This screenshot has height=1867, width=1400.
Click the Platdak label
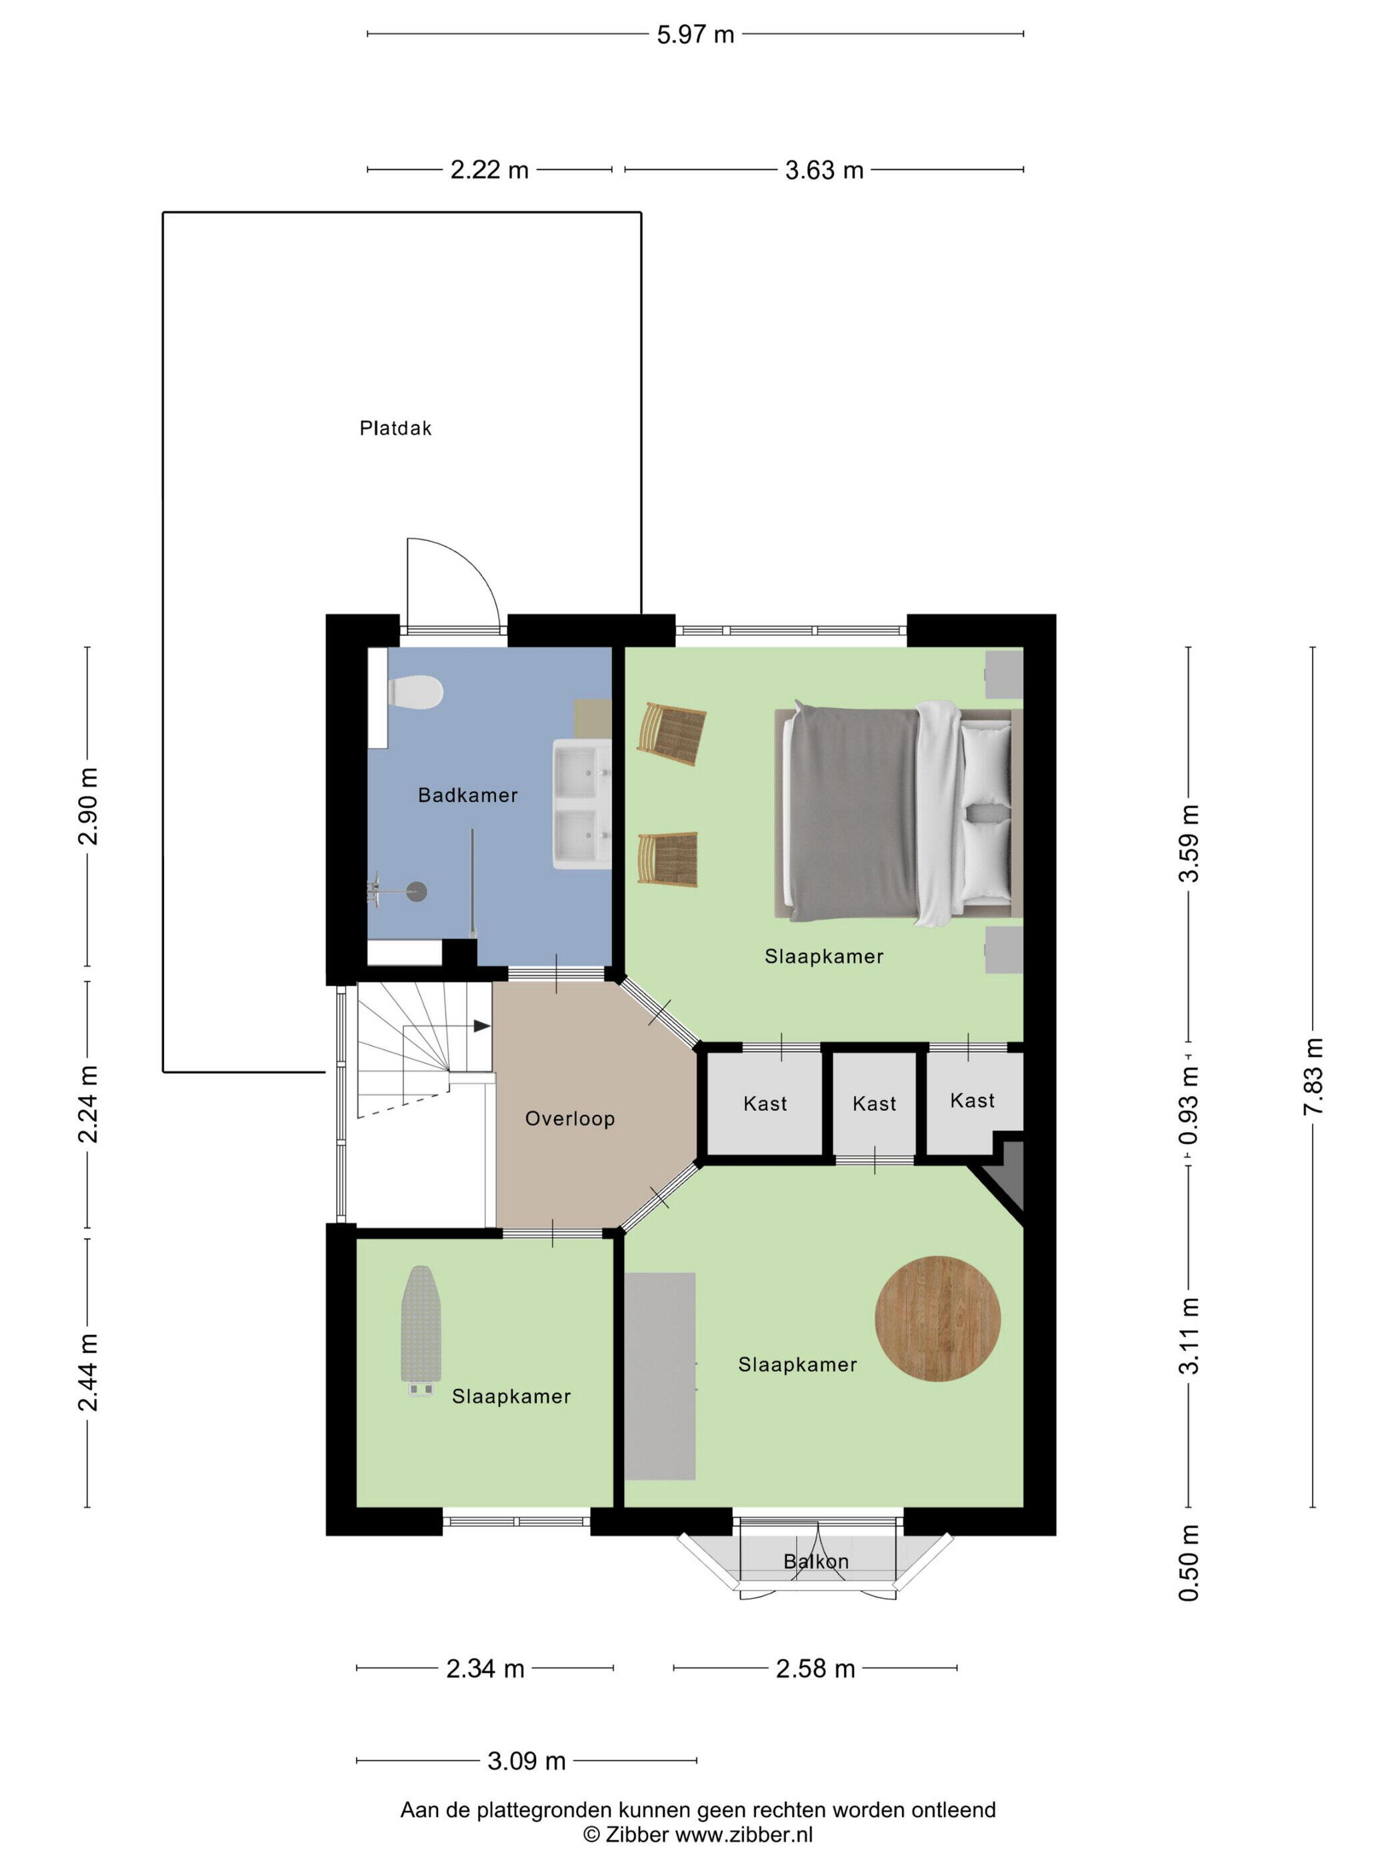[395, 428]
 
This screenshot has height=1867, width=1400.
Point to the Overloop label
[569, 1119]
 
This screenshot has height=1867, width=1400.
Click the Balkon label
[816, 1562]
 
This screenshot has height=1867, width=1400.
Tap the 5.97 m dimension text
[695, 35]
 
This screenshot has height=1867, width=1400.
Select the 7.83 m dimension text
[1313, 1077]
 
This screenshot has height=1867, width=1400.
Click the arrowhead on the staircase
[481, 1026]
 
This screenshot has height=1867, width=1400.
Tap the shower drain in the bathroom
[417, 889]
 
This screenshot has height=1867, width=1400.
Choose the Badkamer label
[467, 795]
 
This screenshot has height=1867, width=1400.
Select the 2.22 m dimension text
[489, 171]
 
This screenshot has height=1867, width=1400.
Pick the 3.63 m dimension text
[825, 171]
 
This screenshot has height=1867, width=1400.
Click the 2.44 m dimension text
[88, 1372]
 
